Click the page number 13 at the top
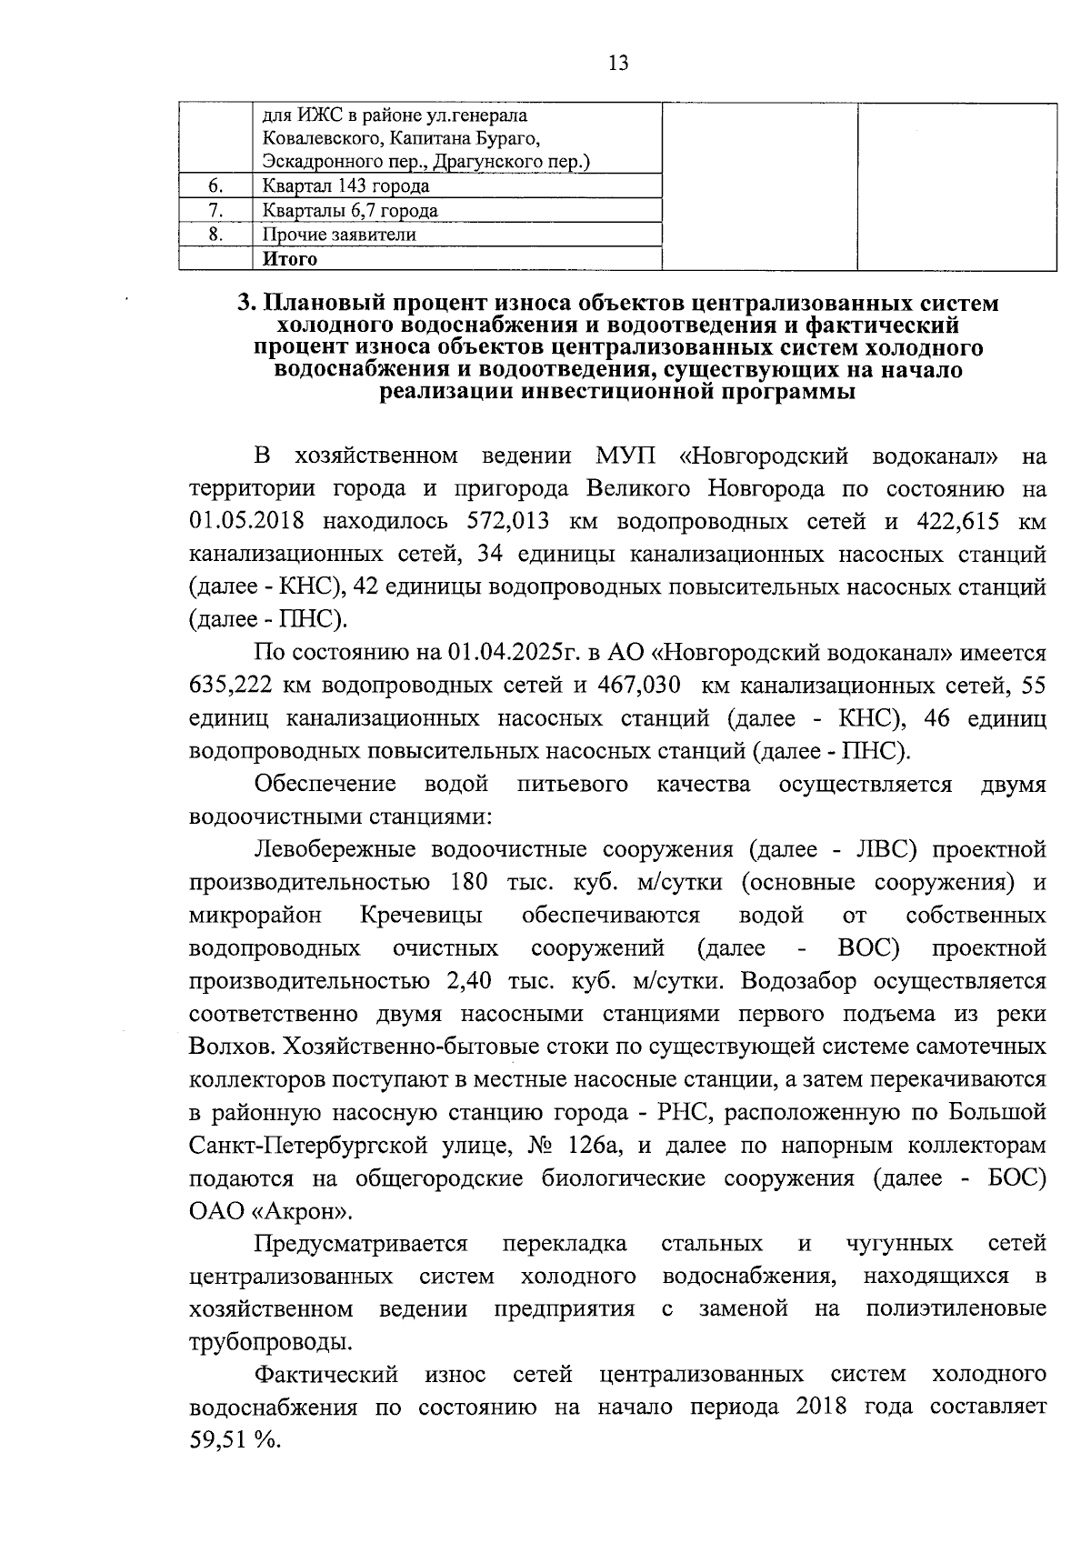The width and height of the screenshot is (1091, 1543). tap(617, 63)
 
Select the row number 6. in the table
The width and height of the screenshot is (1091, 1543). tap(215, 186)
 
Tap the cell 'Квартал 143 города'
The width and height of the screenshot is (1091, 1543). tap(345, 186)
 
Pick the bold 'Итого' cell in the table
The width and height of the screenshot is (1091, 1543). tap(290, 259)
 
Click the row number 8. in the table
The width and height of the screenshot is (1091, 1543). tap(215, 235)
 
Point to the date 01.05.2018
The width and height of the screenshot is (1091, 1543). tap(250, 521)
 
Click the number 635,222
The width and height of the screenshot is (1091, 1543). tap(231, 686)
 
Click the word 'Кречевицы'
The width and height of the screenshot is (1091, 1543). tap(421, 915)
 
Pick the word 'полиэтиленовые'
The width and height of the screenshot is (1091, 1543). tap(956, 1309)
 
